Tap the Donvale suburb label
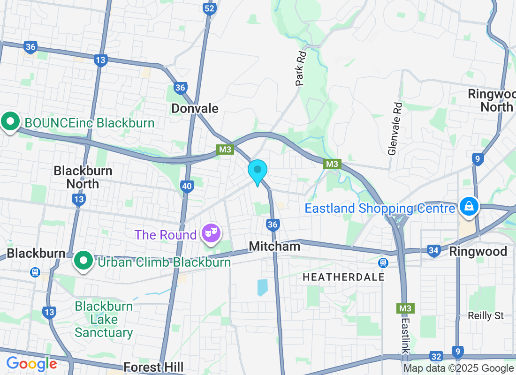pyautogui.click(x=195, y=109)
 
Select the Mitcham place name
pyautogui.click(x=274, y=246)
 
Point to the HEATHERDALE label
pyautogui.click(x=343, y=277)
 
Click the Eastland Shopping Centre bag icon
pyautogui.click(x=468, y=206)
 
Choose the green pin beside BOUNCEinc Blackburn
pyautogui.click(x=9, y=121)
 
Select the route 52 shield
pyautogui.click(x=209, y=8)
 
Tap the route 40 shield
pyautogui.click(x=187, y=187)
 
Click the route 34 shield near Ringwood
pyautogui.click(x=433, y=251)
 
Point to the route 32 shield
pyautogui.click(x=436, y=357)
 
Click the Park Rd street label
pyautogui.click(x=301, y=68)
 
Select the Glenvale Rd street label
pyautogui.click(x=395, y=129)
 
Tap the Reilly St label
pyautogui.click(x=486, y=315)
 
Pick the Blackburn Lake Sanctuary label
pyautogui.click(x=104, y=320)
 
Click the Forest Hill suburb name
pyautogui.click(x=153, y=367)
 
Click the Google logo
pyautogui.click(x=31, y=364)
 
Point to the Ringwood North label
pyautogui.click(x=491, y=100)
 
